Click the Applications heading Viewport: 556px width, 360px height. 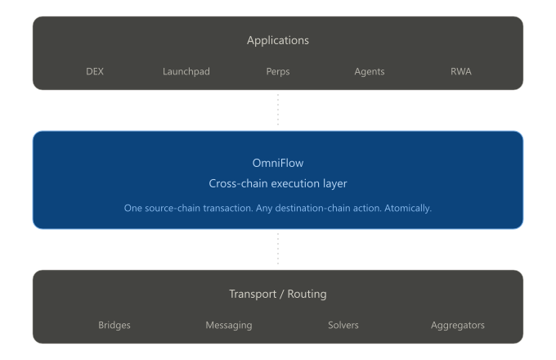pos(278,40)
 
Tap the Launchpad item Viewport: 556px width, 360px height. pos(186,71)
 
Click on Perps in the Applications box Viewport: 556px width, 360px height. pos(278,71)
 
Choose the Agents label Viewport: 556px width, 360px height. pos(369,71)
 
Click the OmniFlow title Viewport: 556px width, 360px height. pos(278,163)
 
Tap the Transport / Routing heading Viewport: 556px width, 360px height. pos(278,294)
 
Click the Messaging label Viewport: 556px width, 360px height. pos(229,325)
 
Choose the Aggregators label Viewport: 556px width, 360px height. pos(458,325)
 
